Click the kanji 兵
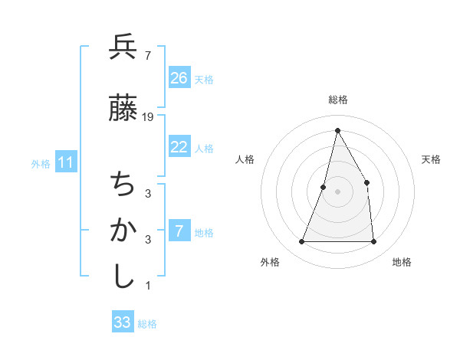[123, 47]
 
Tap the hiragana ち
[123, 184]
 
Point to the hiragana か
[123, 231]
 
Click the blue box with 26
[179, 77]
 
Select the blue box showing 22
[179, 147]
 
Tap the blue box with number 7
[179, 231]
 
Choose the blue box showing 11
[66, 162]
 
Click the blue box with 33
[123, 322]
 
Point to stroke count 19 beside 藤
[149, 116]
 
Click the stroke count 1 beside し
[148, 286]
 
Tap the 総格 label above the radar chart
[338, 100]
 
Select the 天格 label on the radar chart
[432, 159]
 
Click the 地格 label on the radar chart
[402, 262]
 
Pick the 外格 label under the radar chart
[270, 262]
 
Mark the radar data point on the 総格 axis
[337, 129]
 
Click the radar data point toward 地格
[374, 242]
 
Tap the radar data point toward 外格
[301, 242]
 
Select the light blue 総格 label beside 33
[147, 324]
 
